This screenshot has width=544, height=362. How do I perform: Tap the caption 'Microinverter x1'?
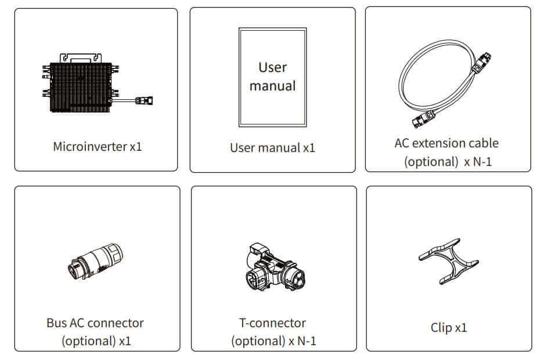pyautogui.click(x=97, y=146)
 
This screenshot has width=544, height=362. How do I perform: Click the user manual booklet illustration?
pyautogui.click(x=272, y=77)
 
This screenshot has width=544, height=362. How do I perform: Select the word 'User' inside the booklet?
pyautogui.click(x=272, y=67)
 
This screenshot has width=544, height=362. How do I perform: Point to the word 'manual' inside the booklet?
pyautogui.click(x=272, y=86)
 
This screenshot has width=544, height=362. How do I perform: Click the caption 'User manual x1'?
pyautogui.click(x=272, y=147)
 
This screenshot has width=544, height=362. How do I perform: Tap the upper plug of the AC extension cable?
pyautogui.click(x=483, y=62)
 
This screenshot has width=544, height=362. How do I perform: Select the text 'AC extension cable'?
pyautogui.click(x=446, y=143)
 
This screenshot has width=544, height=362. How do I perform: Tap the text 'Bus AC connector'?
pyautogui.click(x=95, y=323)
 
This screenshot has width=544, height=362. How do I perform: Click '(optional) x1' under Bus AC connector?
pyautogui.click(x=96, y=341)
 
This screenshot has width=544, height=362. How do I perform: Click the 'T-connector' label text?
pyautogui.click(x=272, y=323)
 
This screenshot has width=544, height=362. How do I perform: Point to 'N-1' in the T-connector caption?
pyautogui.click(x=307, y=341)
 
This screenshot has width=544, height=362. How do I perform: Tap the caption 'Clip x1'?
pyautogui.click(x=449, y=328)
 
